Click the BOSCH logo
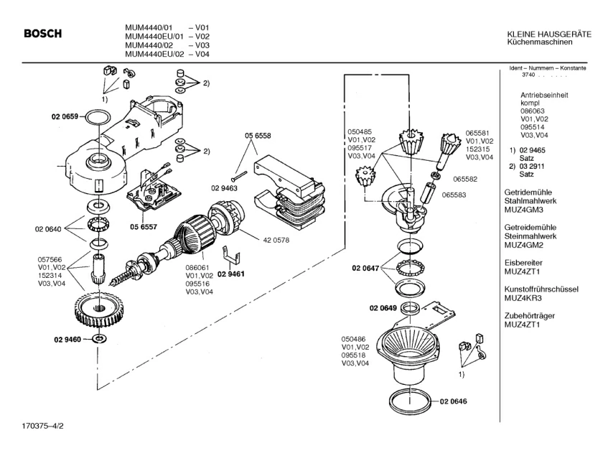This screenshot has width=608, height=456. point(42,33)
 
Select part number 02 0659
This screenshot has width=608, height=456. point(65,116)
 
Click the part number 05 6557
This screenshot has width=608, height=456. point(144,227)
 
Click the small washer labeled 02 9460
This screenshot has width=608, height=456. point(100,338)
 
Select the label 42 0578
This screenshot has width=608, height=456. point(276,240)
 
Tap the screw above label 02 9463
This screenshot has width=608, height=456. point(239,176)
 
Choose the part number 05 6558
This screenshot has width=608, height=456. point(258,136)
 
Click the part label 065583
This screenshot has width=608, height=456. point(454,195)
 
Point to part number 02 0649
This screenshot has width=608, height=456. point(383,308)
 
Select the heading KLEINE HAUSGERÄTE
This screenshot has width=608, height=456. point(549,34)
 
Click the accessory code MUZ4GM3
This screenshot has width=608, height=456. point(524,210)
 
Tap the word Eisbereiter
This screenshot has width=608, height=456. point(523,263)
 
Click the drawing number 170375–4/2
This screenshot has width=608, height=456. point(42,426)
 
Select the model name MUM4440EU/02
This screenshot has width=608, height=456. point(154,55)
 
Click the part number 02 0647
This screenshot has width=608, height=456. point(365,268)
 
